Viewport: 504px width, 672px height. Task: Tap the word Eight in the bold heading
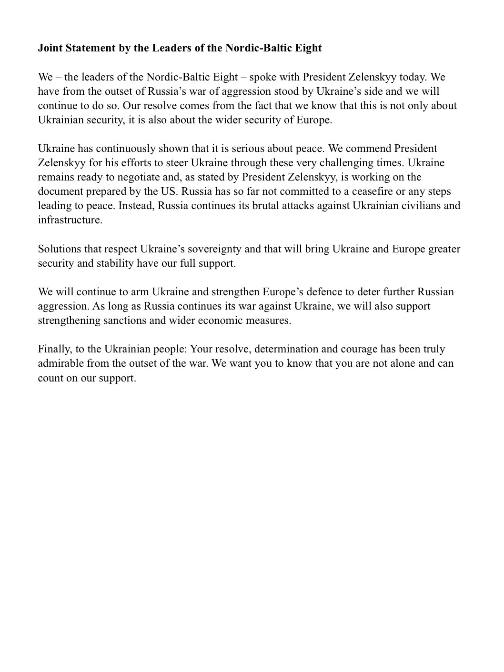tap(309, 48)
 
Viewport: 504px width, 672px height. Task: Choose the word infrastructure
tap(70, 220)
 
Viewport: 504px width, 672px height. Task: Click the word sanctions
tap(125, 320)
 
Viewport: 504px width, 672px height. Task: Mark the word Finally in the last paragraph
tap(54, 349)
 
